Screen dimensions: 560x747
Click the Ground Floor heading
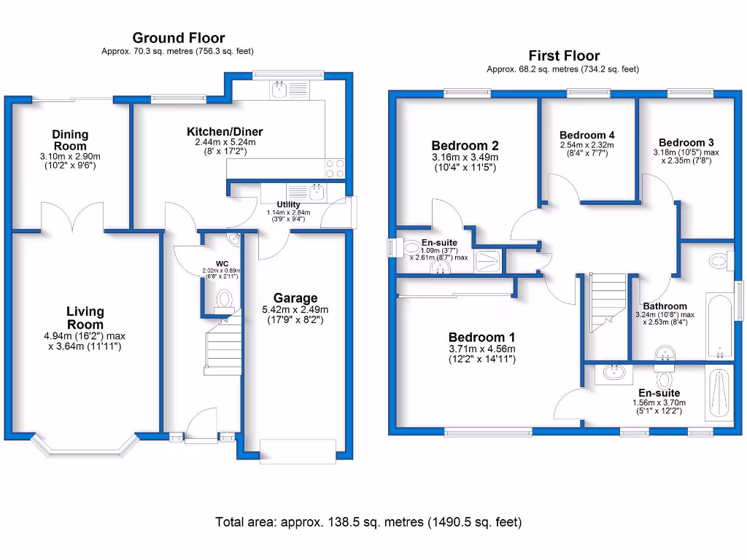pyautogui.click(x=178, y=38)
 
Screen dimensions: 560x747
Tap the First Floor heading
pyautogui.click(x=563, y=56)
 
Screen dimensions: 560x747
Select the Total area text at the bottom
pyautogui.click(x=368, y=522)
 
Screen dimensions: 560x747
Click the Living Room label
pyautogui.click(x=85, y=319)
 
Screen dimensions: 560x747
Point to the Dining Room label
pyautogui.click(x=70, y=140)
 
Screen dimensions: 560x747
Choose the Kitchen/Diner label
pyautogui.click(x=225, y=131)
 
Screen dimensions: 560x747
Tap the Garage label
pyautogui.click(x=295, y=297)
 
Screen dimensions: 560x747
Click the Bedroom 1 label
pyautogui.click(x=481, y=337)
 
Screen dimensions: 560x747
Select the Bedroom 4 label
pyautogui.click(x=587, y=135)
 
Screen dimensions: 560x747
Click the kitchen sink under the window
pyautogui.click(x=279, y=90)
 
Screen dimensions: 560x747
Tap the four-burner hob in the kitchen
pyautogui.click(x=335, y=168)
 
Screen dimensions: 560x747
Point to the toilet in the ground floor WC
pyautogui.click(x=225, y=299)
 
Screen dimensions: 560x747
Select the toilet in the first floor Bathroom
pyautogui.click(x=720, y=259)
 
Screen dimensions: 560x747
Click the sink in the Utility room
pyautogui.click(x=316, y=192)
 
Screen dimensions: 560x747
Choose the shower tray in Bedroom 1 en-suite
pyautogui.click(x=719, y=394)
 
